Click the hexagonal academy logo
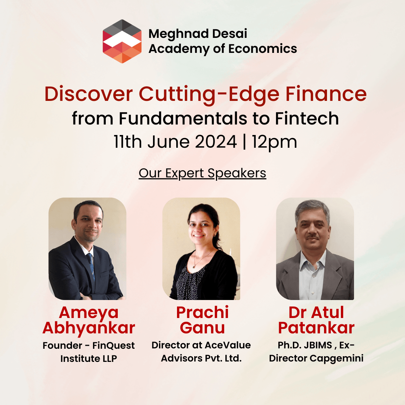(122, 41)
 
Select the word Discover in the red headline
(88, 94)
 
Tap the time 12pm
(274, 142)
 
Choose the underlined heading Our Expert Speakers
(202, 173)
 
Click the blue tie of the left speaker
(91, 266)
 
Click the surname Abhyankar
(89, 328)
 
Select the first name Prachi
(202, 312)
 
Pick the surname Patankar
(316, 328)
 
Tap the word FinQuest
(113, 345)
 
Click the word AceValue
(228, 345)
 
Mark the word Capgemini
(336, 358)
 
